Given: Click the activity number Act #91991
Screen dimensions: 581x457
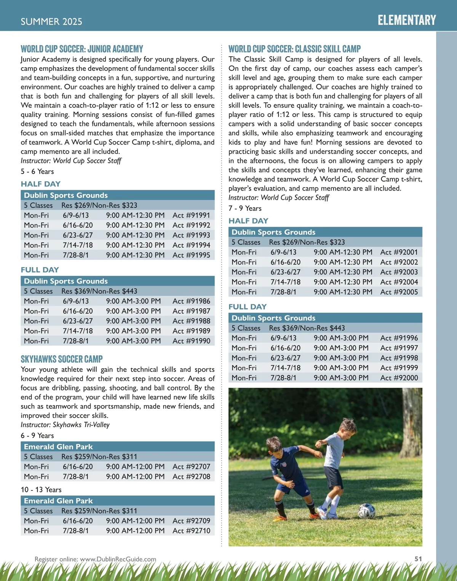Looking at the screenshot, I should pos(191,215).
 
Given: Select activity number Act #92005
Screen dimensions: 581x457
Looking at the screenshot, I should pos(399,292).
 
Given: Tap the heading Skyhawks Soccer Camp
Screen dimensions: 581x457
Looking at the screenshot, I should pos(62,359).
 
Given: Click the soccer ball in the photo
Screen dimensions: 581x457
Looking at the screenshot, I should pos(366,511).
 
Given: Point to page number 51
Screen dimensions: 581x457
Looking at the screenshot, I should pos(418,559).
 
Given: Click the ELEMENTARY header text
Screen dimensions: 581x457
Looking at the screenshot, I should pos(407,20).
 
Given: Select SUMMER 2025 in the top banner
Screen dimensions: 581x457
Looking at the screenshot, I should pos(51,22).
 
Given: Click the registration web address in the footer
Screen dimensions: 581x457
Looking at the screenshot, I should pos(95,559).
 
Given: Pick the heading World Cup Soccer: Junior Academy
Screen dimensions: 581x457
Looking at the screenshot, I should pos(82,49).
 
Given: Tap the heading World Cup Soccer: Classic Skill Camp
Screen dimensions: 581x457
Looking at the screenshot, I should pos(294,49).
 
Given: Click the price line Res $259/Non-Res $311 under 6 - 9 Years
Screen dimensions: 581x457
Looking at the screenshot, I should pos(99,457).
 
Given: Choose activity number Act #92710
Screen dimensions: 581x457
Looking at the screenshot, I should pos(191,531).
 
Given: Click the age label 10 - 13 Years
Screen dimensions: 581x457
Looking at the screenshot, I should pos(41,490).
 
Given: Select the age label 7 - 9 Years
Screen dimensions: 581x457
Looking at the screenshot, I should pos(245,209).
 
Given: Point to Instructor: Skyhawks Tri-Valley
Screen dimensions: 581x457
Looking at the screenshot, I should pos(65,425).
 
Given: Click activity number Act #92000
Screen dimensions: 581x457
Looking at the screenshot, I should pos(399,378).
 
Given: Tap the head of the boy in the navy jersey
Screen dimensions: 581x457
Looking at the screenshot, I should pos(273,444).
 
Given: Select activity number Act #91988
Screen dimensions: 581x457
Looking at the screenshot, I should pos(191,321).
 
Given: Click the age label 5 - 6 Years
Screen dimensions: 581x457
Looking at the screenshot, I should pos(37,172).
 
